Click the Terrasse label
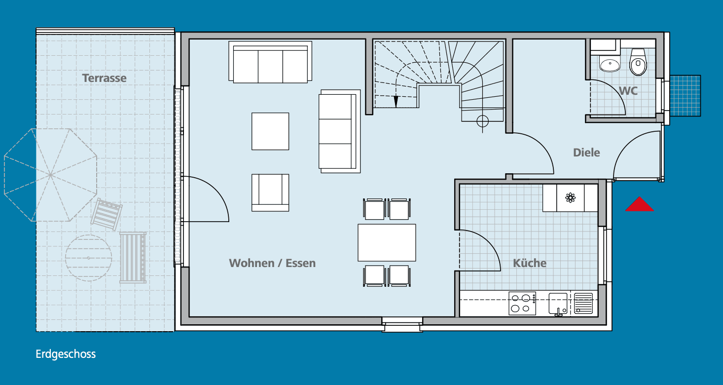[104, 78]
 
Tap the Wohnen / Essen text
[272, 263]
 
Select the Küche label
[530, 263]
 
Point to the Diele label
[586, 153]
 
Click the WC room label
[628, 91]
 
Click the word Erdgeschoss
[66, 354]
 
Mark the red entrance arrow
[639, 204]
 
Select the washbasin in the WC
[610, 64]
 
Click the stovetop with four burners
[522, 303]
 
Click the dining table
[387, 242]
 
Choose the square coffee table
[270, 131]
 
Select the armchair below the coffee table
[270, 192]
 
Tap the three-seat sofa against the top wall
[270, 62]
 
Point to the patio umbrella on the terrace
[50, 175]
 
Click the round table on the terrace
[88, 258]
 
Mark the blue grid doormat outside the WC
[685, 96]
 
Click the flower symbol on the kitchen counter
[570, 198]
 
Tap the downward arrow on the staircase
[396, 101]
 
